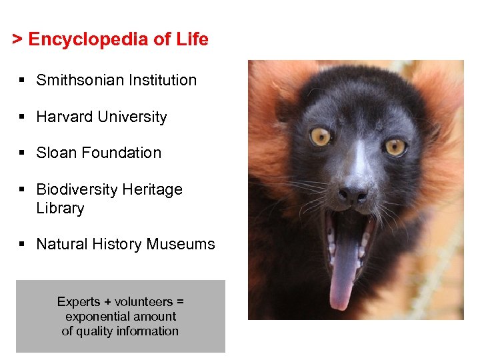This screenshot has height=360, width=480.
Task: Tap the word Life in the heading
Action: point(192,39)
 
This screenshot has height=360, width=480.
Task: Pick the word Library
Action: point(60,208)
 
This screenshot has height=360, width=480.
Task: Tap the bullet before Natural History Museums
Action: point(22,245)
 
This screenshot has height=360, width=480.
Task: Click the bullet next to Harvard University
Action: point(22,117)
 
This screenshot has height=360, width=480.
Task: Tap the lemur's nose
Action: point(353,195)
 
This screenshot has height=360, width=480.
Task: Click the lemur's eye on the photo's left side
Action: point(321,136)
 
